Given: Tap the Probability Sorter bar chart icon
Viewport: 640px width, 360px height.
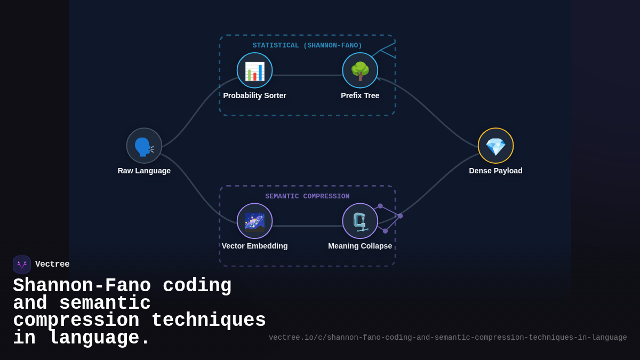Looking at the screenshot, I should [x=254, y=70].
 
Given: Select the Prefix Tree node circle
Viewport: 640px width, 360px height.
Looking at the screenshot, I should [x=360, y=70].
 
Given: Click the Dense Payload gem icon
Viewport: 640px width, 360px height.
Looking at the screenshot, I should [x=495, y=146].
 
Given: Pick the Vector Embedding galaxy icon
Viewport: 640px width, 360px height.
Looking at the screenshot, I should [x=254, y=221].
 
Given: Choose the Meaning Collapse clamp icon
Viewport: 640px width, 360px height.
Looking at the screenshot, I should [x=360, y=221].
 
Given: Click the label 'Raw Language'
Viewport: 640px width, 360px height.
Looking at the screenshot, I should [x=144, y=171].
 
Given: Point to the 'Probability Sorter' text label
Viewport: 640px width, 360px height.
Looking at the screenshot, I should [x=254, y=95].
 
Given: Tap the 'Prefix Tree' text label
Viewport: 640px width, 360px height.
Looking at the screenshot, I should [x=360, y=95].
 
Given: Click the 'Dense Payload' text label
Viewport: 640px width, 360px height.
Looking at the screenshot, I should [x=495, y=171].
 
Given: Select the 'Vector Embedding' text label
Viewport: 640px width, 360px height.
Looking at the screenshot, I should [x=254, y=246].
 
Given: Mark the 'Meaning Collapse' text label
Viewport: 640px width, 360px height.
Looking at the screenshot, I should [x=360, y=246].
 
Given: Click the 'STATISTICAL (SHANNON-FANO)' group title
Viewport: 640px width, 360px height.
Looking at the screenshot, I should [x=307, y=45].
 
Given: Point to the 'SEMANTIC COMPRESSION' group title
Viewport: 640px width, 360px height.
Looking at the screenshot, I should [x=307, y=196].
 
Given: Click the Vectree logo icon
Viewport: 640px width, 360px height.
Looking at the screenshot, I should [x=22, y=265].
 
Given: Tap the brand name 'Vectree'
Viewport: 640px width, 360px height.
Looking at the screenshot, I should [x=52, y=265].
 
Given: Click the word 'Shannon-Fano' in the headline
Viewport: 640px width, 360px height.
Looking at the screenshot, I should [x=82, y=286].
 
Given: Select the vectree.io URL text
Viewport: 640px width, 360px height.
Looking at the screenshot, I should [x=447, y=338].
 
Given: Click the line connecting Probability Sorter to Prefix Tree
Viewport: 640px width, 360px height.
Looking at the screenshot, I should [x=307, y=75].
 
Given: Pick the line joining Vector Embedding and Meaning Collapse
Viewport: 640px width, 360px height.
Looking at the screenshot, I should [x=307, y=226].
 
